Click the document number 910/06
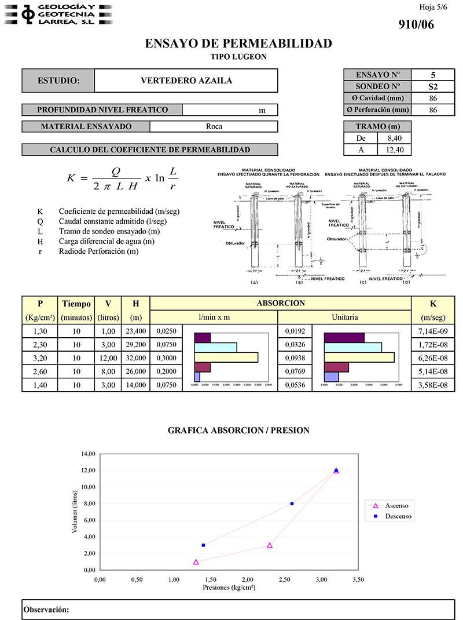(x=416, y=24)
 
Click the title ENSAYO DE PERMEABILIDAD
(x=238, y=43)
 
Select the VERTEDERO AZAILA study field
(x=186, y=81)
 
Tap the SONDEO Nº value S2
(x=433, y=86)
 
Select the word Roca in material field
(x=214, y=126)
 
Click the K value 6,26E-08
(x=433, y=358)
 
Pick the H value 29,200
(x=135, y=345)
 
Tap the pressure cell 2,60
(x=40, y=371)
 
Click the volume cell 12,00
(x=108, y=358)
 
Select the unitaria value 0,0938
(x=295, y=358)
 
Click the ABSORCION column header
(x=281, y=303)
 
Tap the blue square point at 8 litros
(x=292, y=504)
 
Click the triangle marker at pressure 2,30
(x=270, y=545)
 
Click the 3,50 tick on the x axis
(x=358, y=579)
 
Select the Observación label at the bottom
(x=46, y=610)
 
